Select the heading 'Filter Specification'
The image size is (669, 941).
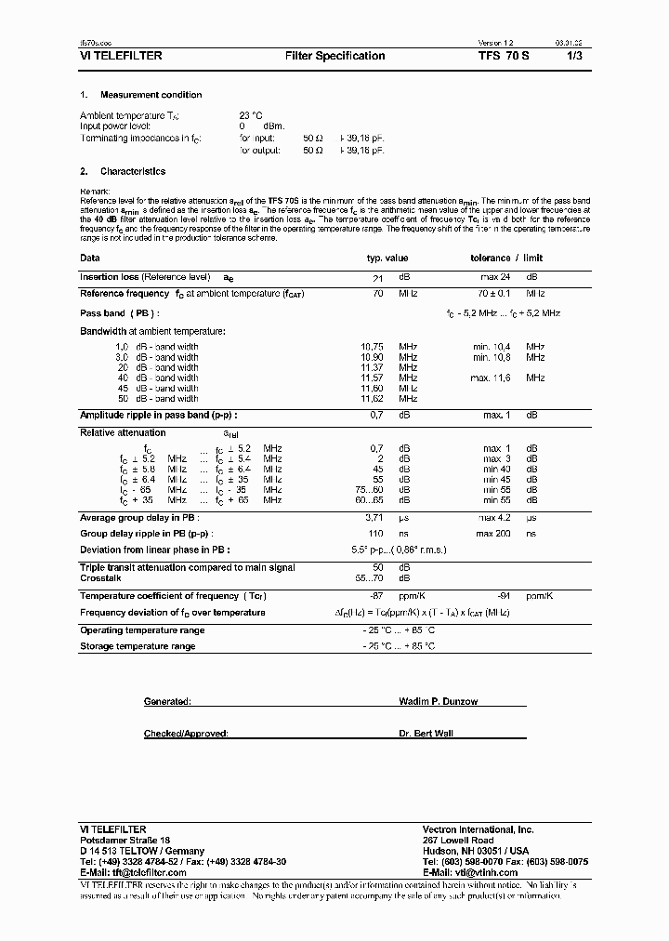(334, 56)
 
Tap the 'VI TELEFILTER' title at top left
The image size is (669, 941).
(122, 56)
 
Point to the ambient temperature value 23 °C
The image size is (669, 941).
(251, 115)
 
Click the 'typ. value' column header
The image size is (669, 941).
(387, 258)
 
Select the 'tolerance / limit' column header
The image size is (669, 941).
(506, 258)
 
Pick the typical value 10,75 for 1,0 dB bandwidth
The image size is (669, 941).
(373, 347)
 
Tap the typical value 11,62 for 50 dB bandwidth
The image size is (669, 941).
(373, 398)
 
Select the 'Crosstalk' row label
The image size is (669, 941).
(101, 577)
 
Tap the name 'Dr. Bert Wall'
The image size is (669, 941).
(426, 734)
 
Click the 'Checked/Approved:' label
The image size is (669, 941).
(185, 734)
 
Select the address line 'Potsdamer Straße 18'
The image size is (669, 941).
(125, 840)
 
